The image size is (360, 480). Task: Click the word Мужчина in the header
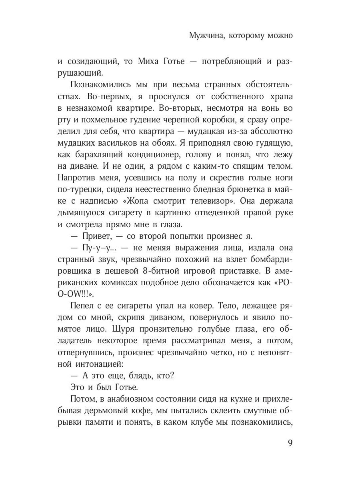point(204,36)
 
